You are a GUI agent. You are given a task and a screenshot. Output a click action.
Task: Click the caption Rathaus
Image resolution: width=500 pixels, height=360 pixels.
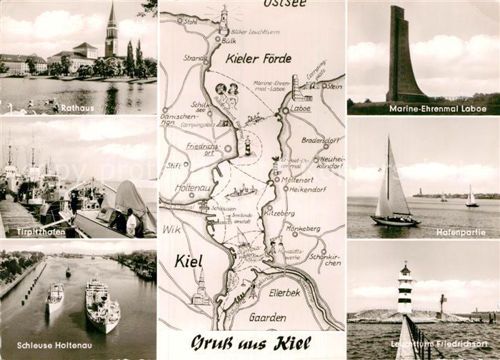click(x=77, y=109)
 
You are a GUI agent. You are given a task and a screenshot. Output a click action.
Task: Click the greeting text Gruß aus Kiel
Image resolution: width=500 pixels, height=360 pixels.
click(x=251, y=344)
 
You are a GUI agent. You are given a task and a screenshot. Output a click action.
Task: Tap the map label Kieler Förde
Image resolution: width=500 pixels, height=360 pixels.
click(x=254, y=59)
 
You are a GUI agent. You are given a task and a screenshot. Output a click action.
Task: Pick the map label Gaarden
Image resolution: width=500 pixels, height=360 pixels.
click(x=268, y=317)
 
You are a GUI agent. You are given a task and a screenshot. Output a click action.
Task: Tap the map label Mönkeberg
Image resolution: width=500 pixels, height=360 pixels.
click(x=303, y=230)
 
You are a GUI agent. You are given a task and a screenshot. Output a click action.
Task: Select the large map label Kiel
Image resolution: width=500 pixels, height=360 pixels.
click(x=189, y=261)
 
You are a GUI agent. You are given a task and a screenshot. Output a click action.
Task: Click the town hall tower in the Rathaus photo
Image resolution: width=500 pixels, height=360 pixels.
click(x=111, y=32)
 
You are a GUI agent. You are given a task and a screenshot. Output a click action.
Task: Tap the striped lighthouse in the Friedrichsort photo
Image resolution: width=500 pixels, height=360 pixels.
click(x=405, y=289)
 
